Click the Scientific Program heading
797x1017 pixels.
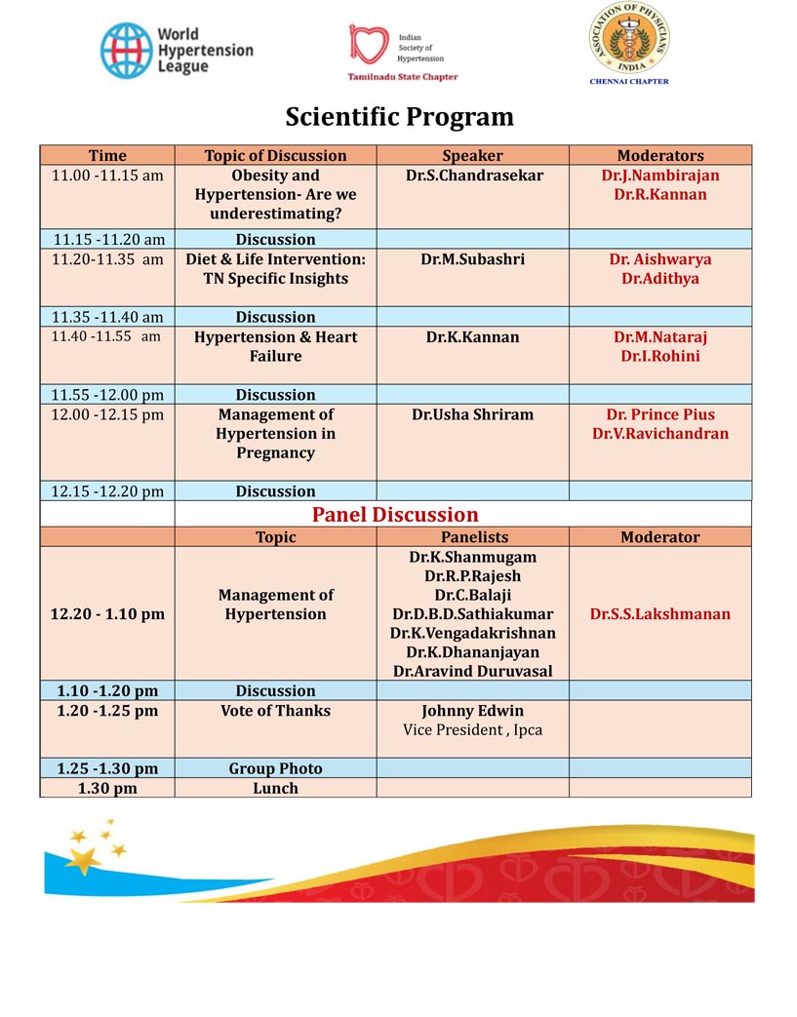click(x=399, y=117)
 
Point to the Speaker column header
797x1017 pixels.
click(x=472, y=155)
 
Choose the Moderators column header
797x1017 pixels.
click(x=659, y=155)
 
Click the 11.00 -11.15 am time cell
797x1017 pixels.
click(x=107, y=176)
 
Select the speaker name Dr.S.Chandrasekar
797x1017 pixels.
click(x=474, y=176)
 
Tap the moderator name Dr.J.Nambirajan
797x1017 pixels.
click(x=660, y=176)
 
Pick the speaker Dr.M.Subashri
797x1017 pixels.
click(x=474, y=259)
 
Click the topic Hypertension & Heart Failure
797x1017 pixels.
click(x=275, y=346)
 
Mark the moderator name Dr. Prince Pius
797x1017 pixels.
click(x=660, y=414)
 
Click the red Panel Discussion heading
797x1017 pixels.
click(x=395, y=514)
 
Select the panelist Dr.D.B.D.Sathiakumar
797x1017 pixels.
click(x=472, y=614)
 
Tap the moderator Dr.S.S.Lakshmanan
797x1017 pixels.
click(x=660, y=614)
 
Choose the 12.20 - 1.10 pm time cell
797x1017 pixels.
click(x=107, y=614)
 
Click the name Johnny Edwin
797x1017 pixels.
click(x=472, y=711)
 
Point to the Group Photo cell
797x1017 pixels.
click(x=275, y=768)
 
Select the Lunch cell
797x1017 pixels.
click(x=275, y=788)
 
